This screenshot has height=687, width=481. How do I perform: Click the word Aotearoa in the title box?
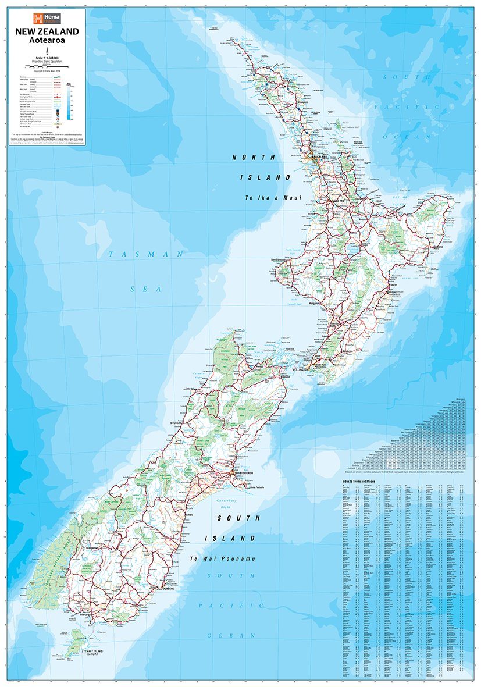point(48,41)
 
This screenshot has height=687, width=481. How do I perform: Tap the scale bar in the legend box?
point(48,63)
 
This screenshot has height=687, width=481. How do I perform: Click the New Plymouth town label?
point(282,259)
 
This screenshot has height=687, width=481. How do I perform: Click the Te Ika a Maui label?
point(273,198)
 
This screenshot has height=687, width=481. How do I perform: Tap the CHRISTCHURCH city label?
point(244,473)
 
